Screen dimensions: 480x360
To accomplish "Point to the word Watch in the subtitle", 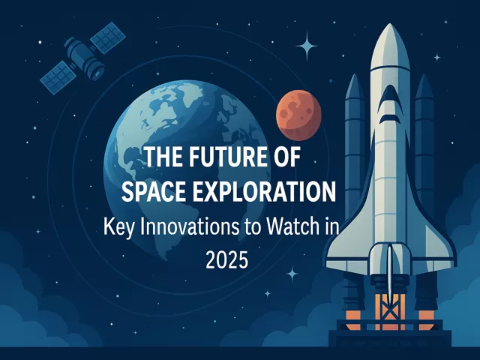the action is tap(291, 227).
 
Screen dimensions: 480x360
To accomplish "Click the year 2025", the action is tap(226, 260).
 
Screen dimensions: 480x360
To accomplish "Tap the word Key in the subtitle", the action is tap(118, 228).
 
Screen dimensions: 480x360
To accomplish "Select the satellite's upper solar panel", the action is tap(108, 37).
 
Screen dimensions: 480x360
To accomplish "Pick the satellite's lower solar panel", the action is tap(58, 77).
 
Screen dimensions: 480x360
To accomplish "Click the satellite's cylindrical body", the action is tap(84, 58).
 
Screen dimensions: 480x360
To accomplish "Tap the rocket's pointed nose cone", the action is tap(390, 46).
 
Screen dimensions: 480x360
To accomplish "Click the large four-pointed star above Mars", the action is tap(307, 46).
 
